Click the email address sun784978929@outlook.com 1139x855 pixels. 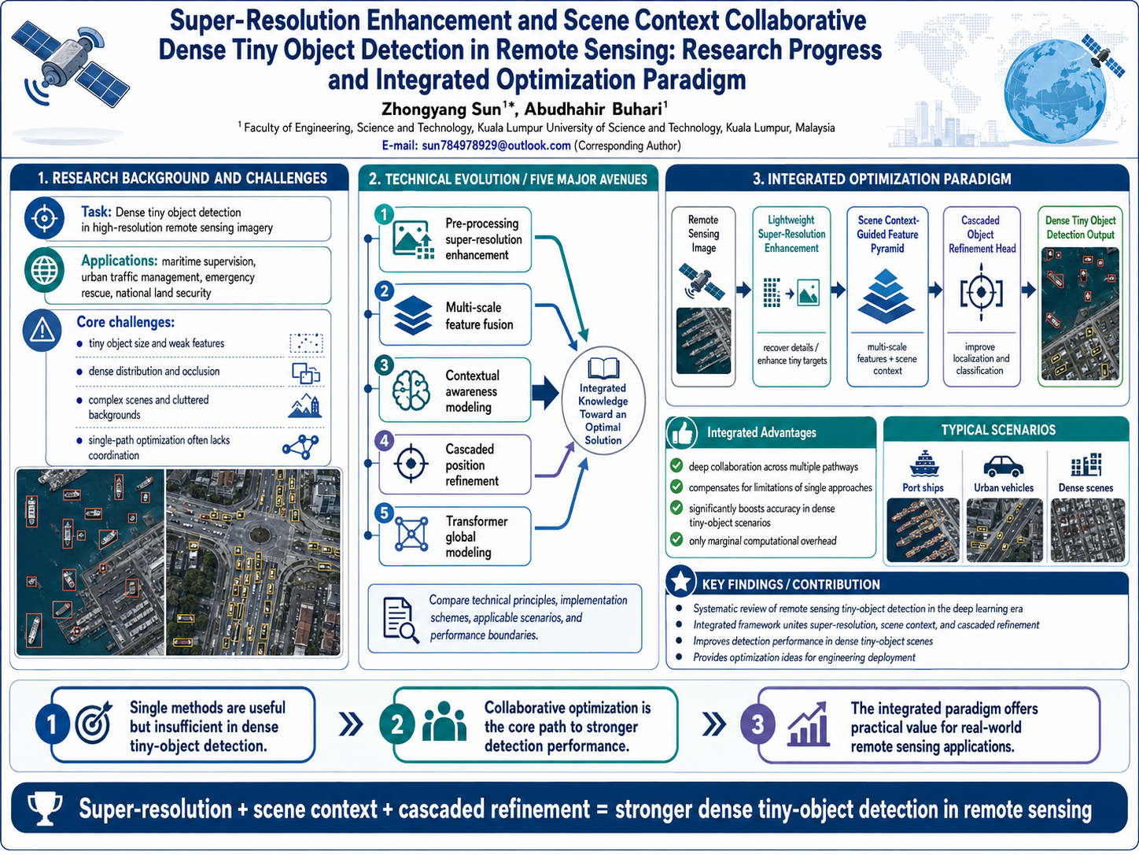point(496,146)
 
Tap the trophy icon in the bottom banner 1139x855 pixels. point(45,809)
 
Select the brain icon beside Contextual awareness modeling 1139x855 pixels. point(411,390)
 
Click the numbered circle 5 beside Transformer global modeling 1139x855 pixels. point(384,513)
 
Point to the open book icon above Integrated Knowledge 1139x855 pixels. point(603,368)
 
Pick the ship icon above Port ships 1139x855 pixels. point(923,464)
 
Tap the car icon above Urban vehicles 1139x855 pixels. point(1003,465)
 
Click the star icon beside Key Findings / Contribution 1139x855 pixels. point(681,582)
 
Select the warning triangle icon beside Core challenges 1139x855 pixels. point(42,330)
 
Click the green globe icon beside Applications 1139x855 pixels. point(44,270)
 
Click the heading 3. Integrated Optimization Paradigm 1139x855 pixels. point(882,179)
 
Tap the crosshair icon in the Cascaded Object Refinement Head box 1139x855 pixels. point(981,293)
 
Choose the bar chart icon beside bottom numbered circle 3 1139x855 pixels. point(807,724)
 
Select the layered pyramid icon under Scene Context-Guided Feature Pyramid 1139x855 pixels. point(887,296)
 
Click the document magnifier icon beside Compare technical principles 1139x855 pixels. point(400,620)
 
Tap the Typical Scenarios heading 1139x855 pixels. point(998,430)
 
